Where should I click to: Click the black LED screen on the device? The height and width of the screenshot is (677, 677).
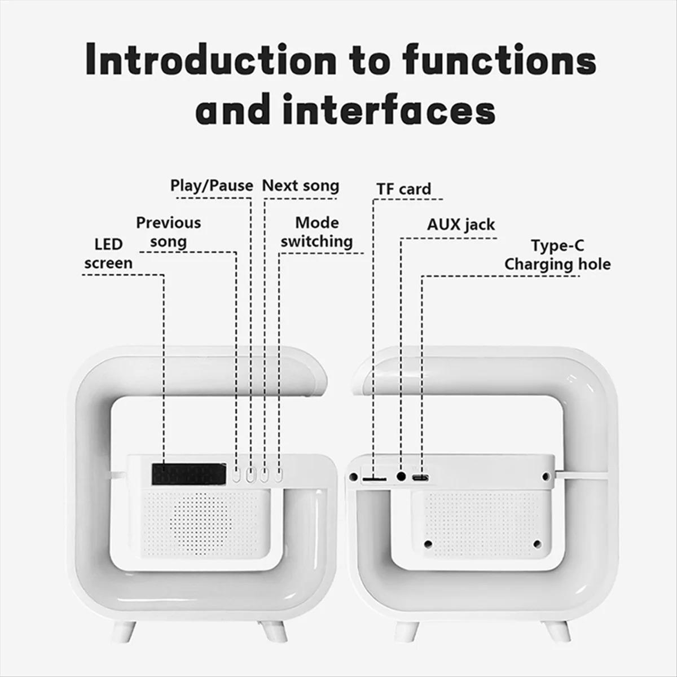point(189,474)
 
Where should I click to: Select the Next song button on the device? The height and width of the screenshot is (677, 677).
point(265,476)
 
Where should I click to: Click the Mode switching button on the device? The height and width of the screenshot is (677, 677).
point(279,476)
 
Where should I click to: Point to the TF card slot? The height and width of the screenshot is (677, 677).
point(374,479)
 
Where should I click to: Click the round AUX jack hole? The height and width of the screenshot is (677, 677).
point(401,477)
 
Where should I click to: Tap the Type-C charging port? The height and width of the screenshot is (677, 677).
point(421,478)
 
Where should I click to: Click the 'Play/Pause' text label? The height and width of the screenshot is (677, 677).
point(212,186)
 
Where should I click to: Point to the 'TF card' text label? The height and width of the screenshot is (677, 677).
point(404,189)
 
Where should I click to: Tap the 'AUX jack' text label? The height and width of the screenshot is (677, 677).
point(461,225)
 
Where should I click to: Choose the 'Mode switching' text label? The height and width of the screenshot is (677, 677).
point(316,232)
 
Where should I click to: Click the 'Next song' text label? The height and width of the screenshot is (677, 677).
point(301,186)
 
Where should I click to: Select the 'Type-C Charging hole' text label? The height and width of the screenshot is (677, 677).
point(557,255)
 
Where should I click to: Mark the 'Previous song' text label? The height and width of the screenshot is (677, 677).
point(169,232)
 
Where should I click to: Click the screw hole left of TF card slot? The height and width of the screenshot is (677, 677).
point(353,477)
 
